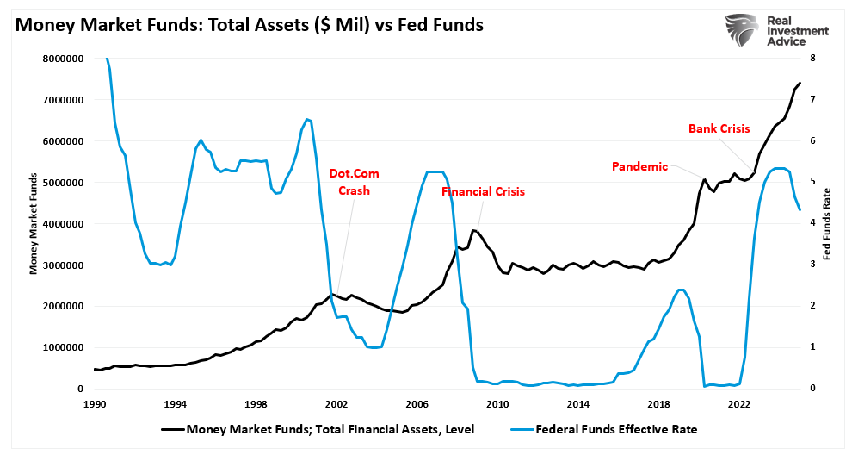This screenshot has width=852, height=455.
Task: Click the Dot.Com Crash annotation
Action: pyautogui.click(x=354, y=182)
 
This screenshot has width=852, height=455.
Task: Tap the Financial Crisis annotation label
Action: pyautogui.click(x=483, y=192)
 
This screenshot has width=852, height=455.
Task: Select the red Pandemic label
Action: pyautogui.click(x=639, y=166)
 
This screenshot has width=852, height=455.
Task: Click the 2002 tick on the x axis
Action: pyautogui.click(x=336, y=403)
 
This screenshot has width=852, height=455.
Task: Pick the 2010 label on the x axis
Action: pyautogui.click(x=497, y=403)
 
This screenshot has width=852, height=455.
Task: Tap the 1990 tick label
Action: pyautogui.click(x=95, y=403)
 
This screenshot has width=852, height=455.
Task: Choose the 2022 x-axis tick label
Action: pyautogui.click(x=738, y=403)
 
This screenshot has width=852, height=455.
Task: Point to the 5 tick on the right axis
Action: pyautogui.click(x=812, y=183)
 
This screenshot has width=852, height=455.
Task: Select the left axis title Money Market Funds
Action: pyautogui.click(x=35, y=223)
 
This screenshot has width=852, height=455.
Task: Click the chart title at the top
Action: pyautogui.click(x=249, y=26)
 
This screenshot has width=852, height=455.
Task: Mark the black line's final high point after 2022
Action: pyautogui.click(x=800, y=84)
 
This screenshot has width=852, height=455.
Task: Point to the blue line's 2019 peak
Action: pyautogui.click(x=681, y=290)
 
